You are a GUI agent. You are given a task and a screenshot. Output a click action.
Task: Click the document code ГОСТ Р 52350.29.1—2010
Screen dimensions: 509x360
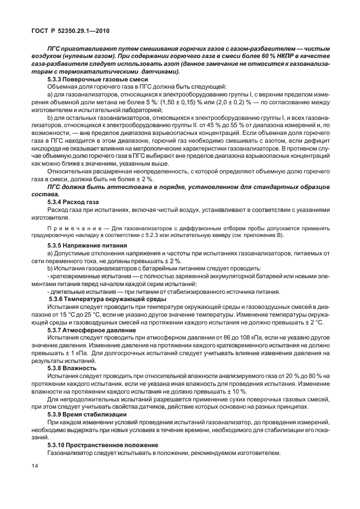click(x=72, y=32)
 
